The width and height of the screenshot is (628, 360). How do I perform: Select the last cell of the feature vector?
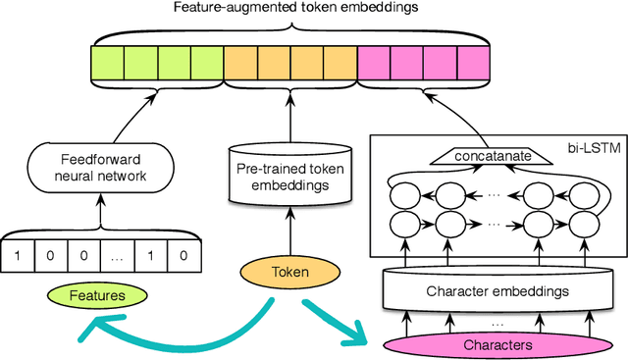coord(181,256)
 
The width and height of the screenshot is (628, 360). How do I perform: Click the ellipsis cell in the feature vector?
coord(116,256)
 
